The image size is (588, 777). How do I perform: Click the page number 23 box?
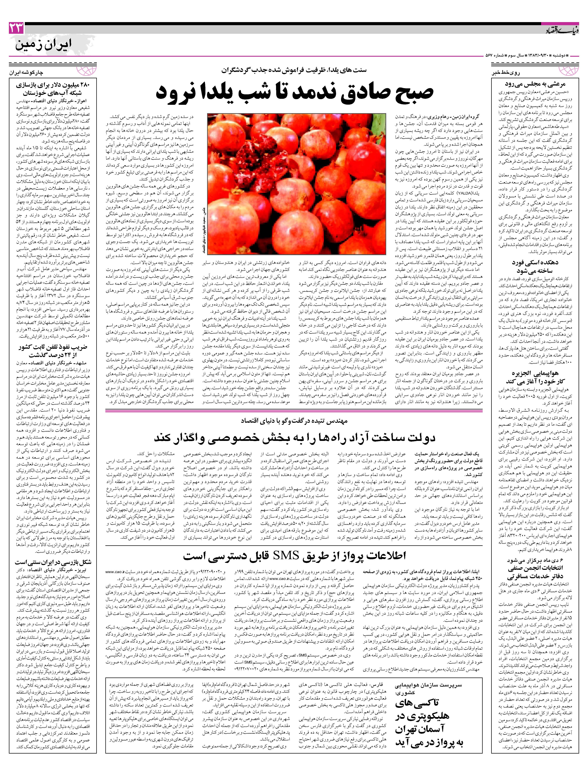tap(16, 28)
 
